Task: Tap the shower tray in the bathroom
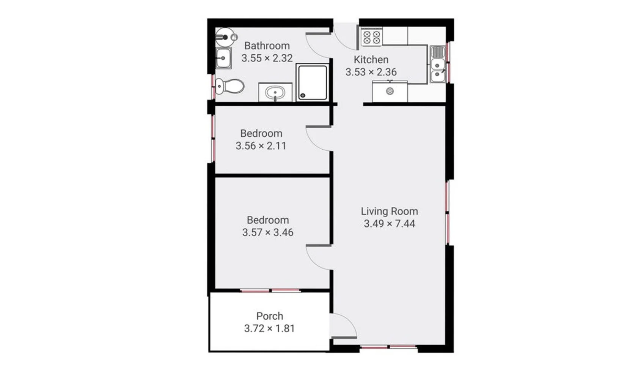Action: (x=312, y=82)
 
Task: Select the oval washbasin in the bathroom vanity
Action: (x=275, y=92)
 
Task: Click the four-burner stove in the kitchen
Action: (x=371, y=37)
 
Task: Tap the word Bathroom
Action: (x=267, y=46)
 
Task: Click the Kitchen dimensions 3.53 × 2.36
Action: (x=371, y=72)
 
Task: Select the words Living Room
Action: (x=389, y=212)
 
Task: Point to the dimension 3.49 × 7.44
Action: (x=389, y=224)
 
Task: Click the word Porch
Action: (x=269, y=316)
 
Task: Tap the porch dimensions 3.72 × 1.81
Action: (x=269, y=328)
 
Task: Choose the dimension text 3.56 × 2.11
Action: (x=261, y=146)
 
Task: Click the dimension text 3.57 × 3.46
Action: (x=268, y=232)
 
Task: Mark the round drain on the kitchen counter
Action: (x=390, y=92)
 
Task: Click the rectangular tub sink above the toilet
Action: (x=223, y=58)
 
